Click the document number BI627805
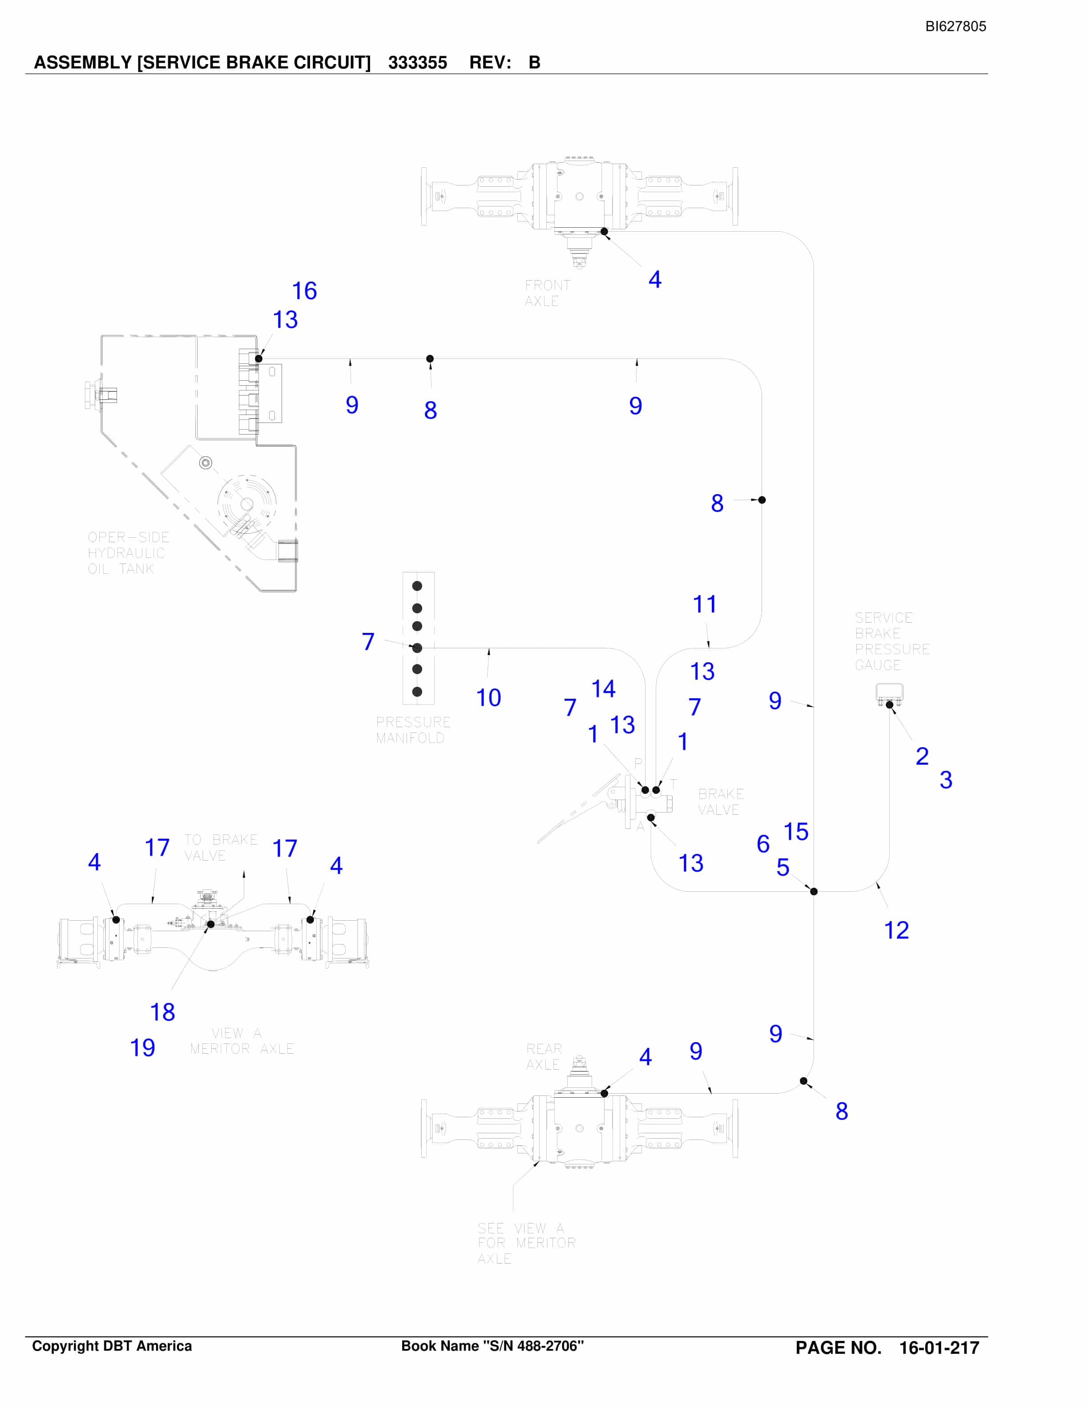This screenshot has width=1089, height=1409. (x=956, y=26)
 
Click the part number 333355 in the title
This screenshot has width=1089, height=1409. (x=417, y=63)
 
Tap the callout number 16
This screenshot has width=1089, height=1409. (x=305, y=291)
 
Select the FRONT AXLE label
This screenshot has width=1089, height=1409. (x=548, y=293)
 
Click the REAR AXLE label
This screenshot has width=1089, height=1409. (x=544, y=1057)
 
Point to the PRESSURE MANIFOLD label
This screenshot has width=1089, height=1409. (x=413, y=730)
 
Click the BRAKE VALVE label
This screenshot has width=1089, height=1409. (x=721, y=801)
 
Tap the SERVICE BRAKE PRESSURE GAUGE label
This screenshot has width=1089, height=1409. (x=892, y=641)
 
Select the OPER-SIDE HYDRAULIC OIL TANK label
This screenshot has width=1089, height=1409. (x=129, y=553)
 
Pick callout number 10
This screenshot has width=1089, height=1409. (x=488, y=698)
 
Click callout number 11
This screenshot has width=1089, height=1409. (x=705, y=604)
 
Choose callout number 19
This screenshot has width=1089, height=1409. (x=143, y=1048)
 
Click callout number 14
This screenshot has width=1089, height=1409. (x=603, y=689)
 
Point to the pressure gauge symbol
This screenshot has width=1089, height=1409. (x=889, y=693)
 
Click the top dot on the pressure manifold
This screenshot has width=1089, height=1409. (x=417, y=586)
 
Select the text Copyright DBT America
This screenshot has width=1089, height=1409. (x=112, y=1346)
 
